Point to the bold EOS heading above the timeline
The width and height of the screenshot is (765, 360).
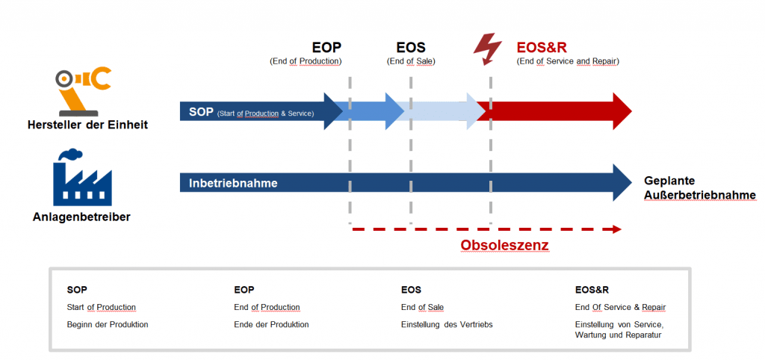point(410,48)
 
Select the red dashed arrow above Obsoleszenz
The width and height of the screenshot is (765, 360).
point(486,229)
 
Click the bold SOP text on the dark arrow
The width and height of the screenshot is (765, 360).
point(201,112)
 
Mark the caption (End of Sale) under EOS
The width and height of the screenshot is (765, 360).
point(411,61)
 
